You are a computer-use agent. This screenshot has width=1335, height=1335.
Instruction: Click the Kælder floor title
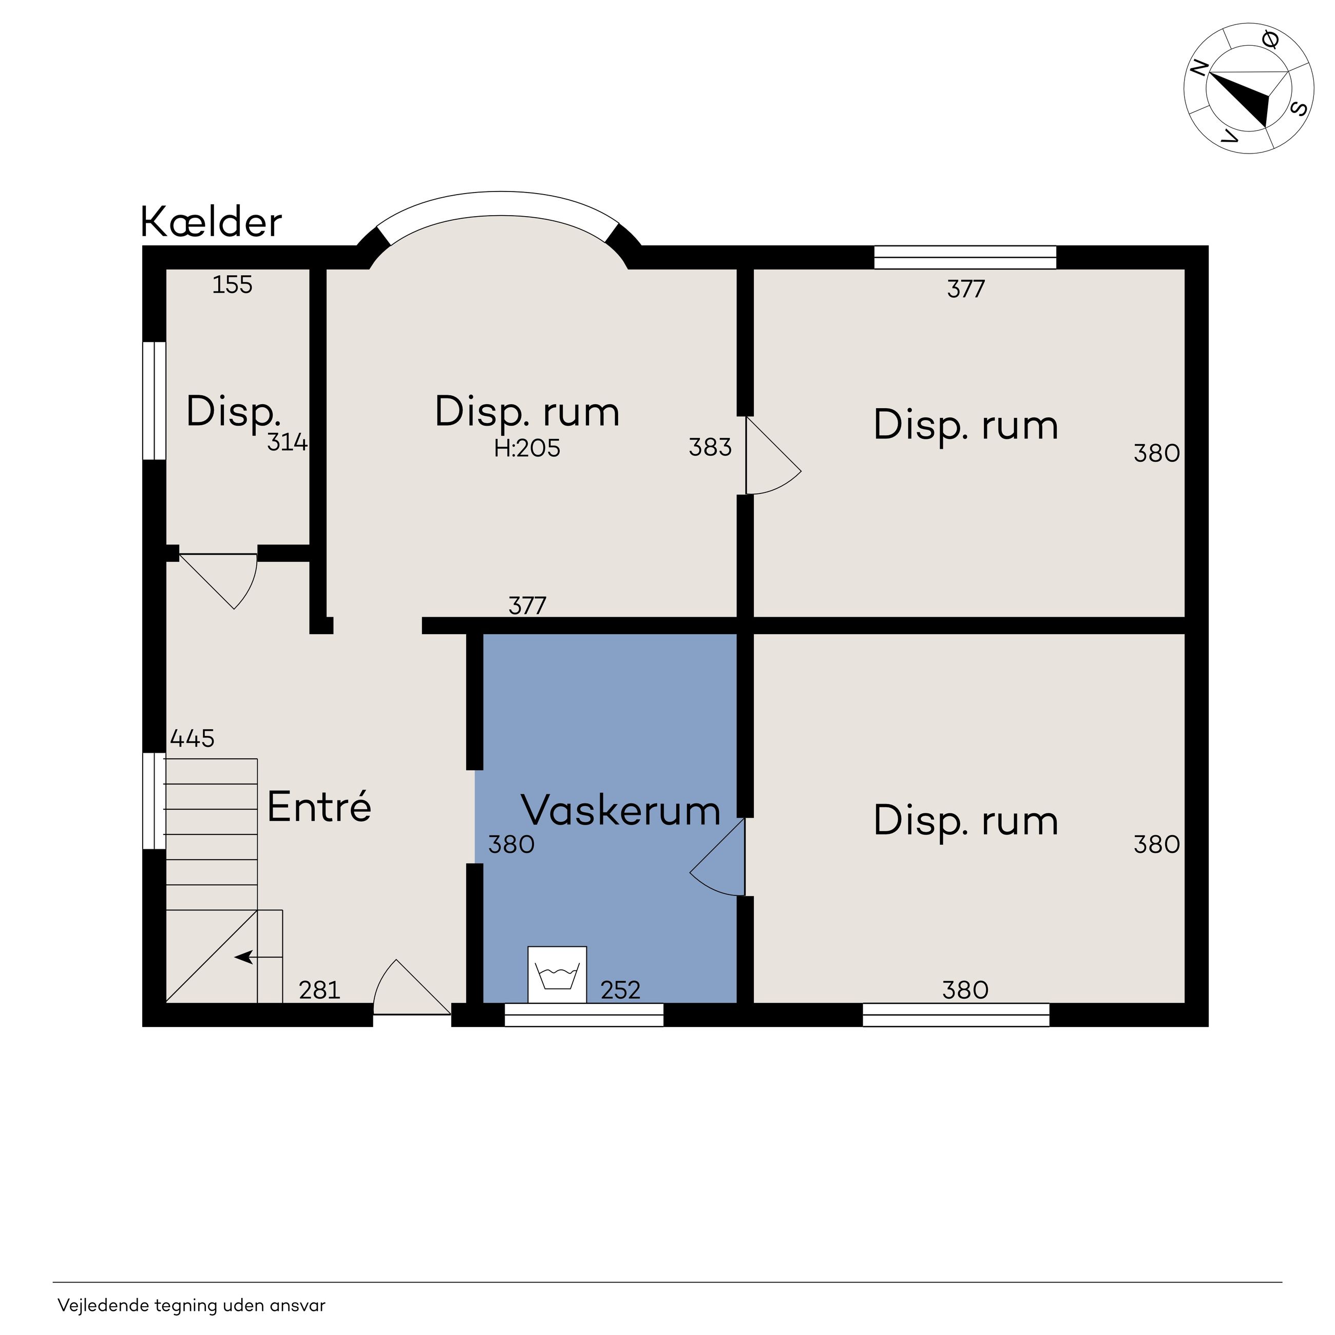(212, 222)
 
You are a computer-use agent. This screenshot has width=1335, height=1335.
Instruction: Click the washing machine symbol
(557, 975)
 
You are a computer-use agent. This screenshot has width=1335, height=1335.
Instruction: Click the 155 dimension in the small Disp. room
(232, 284)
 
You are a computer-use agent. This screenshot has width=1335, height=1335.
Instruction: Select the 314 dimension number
(287, 442)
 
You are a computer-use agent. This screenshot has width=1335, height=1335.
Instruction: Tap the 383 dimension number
(710, 448)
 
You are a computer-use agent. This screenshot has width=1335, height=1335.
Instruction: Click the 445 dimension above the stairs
(192, 739)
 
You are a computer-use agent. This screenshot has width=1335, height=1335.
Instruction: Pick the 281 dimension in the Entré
(319, 990)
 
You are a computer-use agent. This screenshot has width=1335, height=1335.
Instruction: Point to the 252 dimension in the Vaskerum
(620, 990)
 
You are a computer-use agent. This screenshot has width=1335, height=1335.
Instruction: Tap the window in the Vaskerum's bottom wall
(584, 1015)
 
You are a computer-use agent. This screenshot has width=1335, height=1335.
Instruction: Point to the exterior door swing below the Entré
(412, 987)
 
